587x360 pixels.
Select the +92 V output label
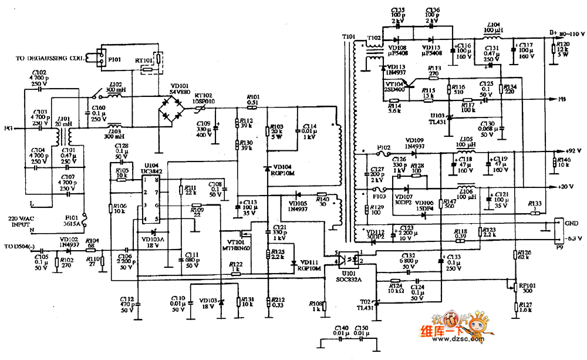(564, 150)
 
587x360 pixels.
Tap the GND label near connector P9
(569, 224)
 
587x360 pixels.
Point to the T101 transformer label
(349, 36)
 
